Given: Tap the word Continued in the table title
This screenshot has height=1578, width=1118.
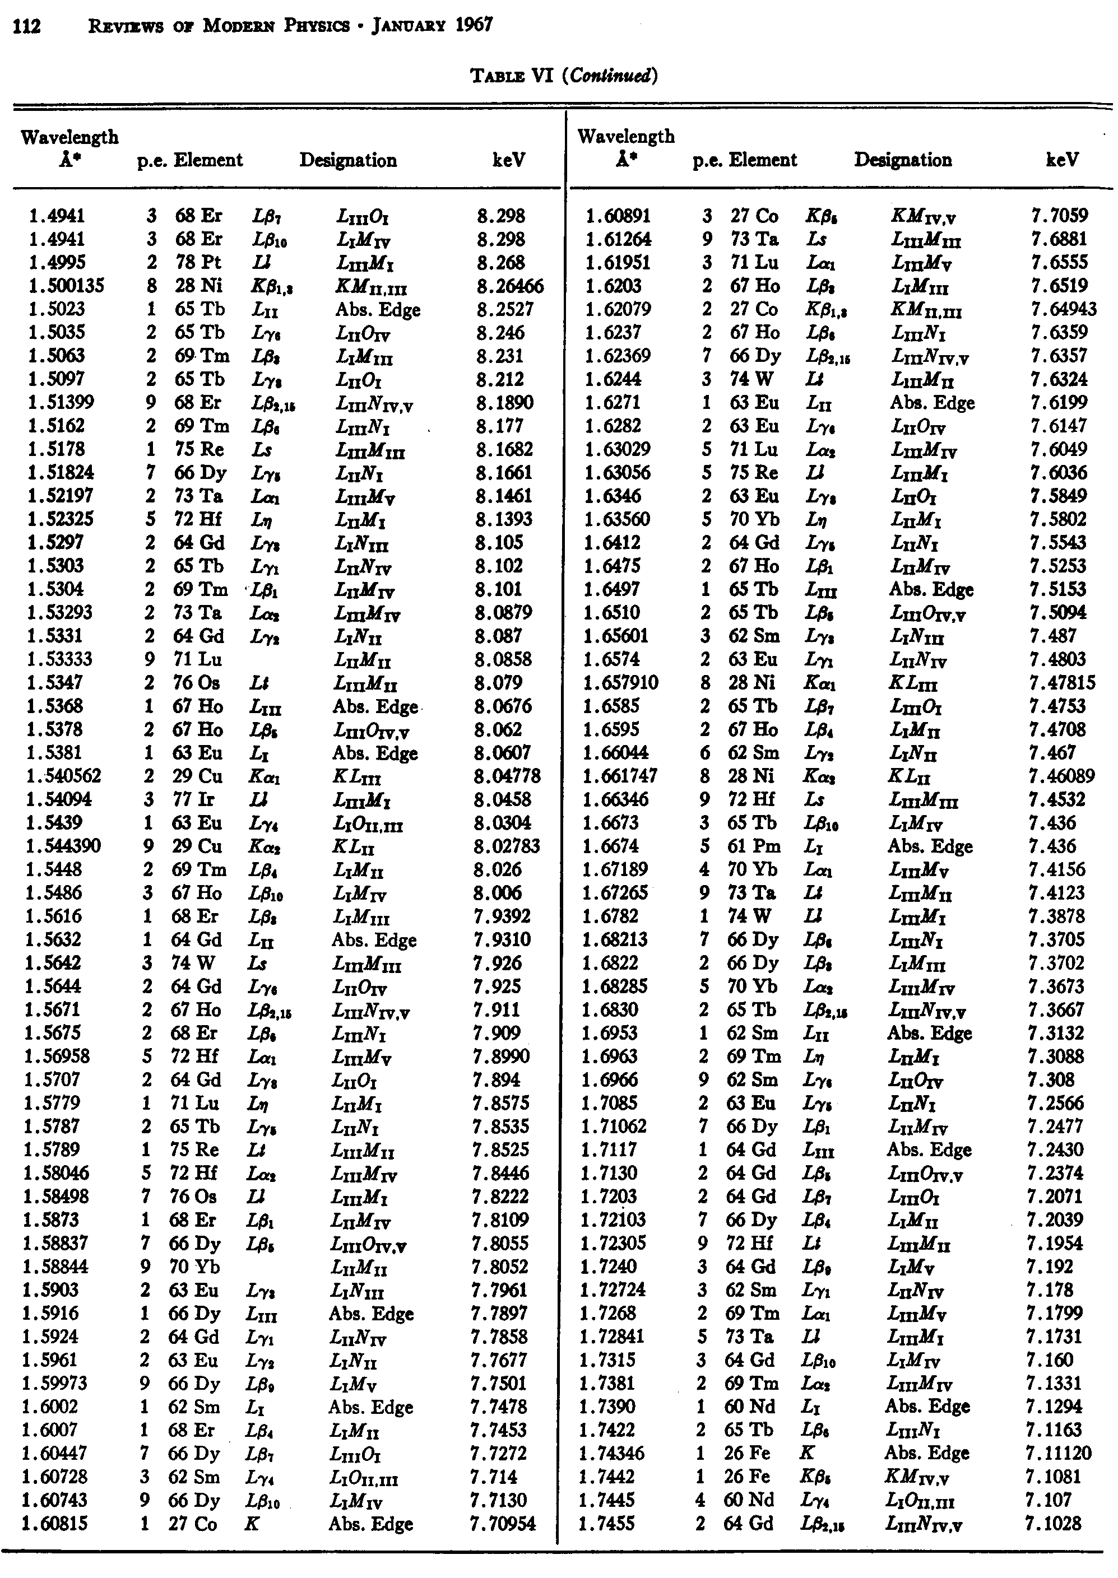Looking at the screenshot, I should coord(610,75).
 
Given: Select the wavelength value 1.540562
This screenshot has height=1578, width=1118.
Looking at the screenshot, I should coord(64,776).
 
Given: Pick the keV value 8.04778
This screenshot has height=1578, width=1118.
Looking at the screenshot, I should coord(507,776).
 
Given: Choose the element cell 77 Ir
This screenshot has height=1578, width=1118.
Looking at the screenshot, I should coord(192,800).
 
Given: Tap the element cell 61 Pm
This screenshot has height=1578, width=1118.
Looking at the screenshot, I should coord(751,846).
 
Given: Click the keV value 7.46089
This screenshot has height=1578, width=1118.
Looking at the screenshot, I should coord(1061,776).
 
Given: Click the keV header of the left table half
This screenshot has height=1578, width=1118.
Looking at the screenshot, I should coord(509,160).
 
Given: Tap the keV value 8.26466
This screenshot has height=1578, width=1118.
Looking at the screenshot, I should coord(509,286).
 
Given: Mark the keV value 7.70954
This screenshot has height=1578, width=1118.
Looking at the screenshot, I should coord(503,1524).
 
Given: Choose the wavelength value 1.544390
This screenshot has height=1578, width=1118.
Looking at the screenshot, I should coord(63,846).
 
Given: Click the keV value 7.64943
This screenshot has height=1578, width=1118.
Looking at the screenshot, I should coord(1064,310).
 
